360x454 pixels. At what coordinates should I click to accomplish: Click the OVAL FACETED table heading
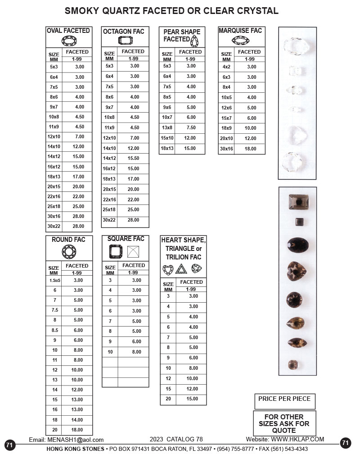coord(69,31)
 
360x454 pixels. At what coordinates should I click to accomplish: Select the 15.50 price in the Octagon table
coord(134,158)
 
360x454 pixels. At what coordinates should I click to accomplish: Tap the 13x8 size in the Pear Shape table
coord(167,127)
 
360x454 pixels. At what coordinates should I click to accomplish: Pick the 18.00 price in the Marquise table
coord(251,149)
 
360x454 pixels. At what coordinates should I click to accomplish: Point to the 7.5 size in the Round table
coord(55,310)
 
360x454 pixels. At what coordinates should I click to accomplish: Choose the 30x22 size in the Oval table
coord(54,226)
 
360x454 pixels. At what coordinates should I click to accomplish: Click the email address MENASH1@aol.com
coord(75,440)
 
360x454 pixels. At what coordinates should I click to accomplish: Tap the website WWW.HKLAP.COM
coord(297,440)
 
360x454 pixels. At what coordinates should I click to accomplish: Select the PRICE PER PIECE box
coord(284,399)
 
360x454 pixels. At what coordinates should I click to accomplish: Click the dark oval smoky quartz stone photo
coord(298,245)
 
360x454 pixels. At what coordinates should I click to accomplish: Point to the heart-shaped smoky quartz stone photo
coord(297,270)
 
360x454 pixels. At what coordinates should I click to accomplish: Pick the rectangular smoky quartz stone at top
coord(297,201)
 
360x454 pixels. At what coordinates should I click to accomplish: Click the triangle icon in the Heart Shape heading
coord(181,269)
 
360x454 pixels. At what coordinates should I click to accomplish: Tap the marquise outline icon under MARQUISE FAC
coord(240,41)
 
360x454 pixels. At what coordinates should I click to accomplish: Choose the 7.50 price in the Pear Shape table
coord(191,127)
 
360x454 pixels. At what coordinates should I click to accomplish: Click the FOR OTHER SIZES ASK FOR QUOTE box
coord(284,423)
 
